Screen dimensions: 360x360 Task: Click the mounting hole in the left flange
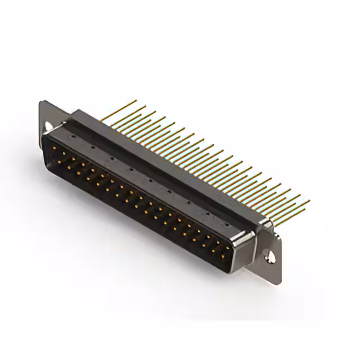pos(49,126)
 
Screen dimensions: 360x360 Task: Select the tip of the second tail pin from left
pos(146,105)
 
